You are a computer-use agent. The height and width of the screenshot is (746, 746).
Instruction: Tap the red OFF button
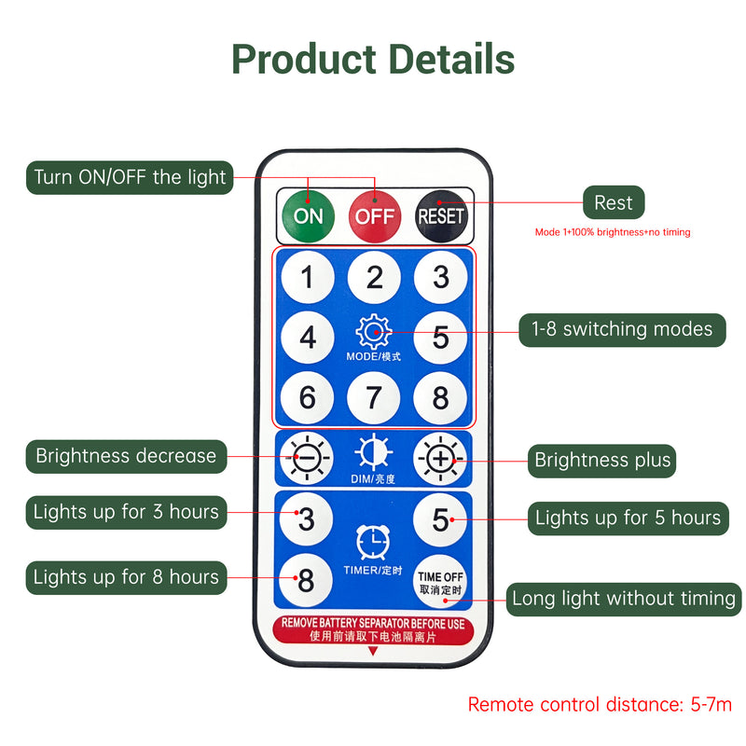(375, 216)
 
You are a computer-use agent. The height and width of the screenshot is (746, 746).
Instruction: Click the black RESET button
(441, 216)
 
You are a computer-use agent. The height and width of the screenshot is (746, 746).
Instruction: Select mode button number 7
(374, 398)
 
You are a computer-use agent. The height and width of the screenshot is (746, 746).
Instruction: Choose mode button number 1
(308, 277)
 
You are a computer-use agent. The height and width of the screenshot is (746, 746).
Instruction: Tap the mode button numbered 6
(308, 398)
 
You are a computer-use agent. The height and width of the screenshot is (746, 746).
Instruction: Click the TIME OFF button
(441, 583)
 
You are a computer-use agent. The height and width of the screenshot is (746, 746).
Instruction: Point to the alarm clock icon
(374, 541)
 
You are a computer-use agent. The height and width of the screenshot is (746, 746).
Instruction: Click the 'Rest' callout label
(614, 202)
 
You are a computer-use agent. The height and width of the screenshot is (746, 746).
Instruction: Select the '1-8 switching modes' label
(622, 329)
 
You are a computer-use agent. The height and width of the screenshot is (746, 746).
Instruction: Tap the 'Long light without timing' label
(624, 599)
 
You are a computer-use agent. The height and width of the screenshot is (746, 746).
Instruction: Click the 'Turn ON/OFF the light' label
(130, 176)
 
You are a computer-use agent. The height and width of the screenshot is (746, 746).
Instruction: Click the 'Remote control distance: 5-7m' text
(600, 704)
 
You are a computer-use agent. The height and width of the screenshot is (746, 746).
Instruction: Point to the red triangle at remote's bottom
(374, 653)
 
